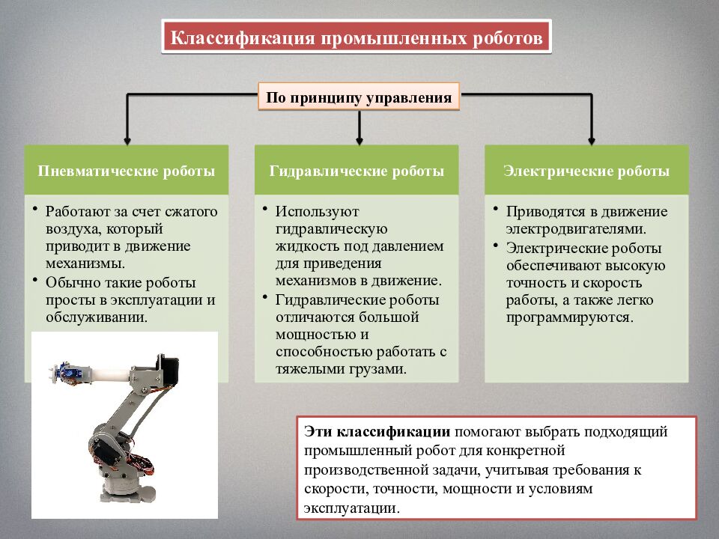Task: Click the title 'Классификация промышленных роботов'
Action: point(357,37)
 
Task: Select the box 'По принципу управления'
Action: point(359,97)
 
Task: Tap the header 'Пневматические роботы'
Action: point(127,171)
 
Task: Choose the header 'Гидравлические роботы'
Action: point(357,171)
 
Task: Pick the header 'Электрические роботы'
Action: point(586,171)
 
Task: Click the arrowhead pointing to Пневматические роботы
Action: point(127,138)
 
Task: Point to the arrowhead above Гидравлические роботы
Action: point(359,138)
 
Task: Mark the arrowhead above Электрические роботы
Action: point(591,138)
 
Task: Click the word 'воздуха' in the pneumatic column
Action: point(70,228)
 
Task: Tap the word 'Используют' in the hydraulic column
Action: point(306,212)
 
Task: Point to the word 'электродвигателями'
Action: point(574,228)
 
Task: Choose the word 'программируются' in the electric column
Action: point(569,317)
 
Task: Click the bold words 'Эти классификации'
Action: point(377,432)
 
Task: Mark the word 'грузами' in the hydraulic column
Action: point(380,369)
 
